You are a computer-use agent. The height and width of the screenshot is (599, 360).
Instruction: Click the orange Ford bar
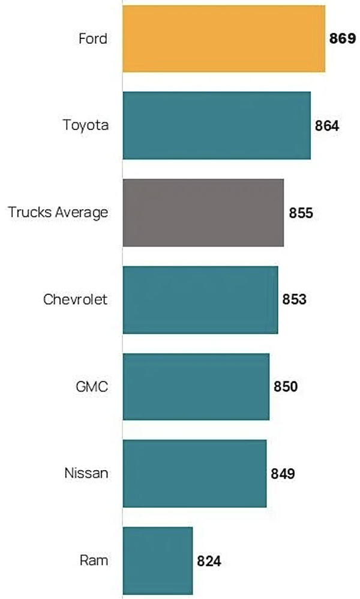[224, 38]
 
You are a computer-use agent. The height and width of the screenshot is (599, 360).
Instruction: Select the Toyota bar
[217, 125]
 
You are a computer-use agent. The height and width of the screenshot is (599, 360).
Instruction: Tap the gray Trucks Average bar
[203, 212]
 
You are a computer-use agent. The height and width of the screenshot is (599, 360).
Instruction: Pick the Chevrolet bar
[200, 299]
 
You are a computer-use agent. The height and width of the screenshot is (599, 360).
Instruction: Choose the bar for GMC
[196, 386]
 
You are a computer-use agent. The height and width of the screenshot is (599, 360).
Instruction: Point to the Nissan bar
[194, 473]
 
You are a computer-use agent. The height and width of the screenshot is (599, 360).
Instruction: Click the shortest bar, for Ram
[158, 561]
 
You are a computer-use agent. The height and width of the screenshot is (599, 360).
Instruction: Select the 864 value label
[327, 126]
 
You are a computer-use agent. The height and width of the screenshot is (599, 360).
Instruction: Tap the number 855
[300, 213]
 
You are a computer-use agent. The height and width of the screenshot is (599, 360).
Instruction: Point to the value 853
[295, 299]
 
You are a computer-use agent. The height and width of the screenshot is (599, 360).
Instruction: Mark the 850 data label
[286, 386]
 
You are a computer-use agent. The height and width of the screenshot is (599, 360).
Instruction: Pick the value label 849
[283, 474]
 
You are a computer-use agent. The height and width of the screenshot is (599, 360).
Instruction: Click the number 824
[209, 561]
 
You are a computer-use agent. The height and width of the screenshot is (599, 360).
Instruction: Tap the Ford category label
[93, 39]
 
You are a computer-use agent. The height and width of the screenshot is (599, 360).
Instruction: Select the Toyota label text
[86, 125]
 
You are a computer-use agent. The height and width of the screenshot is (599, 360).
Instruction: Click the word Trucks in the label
[28, 212]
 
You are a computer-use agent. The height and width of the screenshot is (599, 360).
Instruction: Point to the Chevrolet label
[75, 299]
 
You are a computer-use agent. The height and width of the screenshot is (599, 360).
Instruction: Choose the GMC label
[93, 386]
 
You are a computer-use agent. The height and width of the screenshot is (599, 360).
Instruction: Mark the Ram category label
[94, 561]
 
